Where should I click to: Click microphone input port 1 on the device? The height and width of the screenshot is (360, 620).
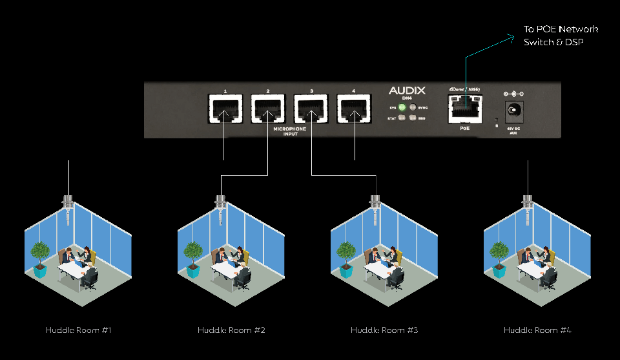(x=225, y=109)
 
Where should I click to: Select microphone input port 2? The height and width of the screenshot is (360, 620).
(x=267, y=109)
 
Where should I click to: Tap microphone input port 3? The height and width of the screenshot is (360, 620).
(x=311, y=109)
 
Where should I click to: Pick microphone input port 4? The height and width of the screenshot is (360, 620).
(x=354, y=109)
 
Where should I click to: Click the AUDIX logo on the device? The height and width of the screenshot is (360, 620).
(x=407, y=91)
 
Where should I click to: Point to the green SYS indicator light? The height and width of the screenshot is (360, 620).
(x=402, y=107)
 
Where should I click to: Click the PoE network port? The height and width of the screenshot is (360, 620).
(x=465, y=109)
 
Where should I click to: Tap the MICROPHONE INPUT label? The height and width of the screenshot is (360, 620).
(x=289, y=131)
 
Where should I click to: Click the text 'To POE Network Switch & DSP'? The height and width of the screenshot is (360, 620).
(x=561, y=35)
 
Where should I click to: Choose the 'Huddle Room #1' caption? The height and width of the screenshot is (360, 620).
(x=79, y=330)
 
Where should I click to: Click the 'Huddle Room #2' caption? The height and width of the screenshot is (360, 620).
(x=231, y=330)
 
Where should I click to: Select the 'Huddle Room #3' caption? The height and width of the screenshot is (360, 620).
(x=384, y=330)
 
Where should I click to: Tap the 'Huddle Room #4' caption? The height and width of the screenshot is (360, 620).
(x=537, y=330)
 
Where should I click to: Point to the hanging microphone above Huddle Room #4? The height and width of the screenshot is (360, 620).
(x=527, y=205)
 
